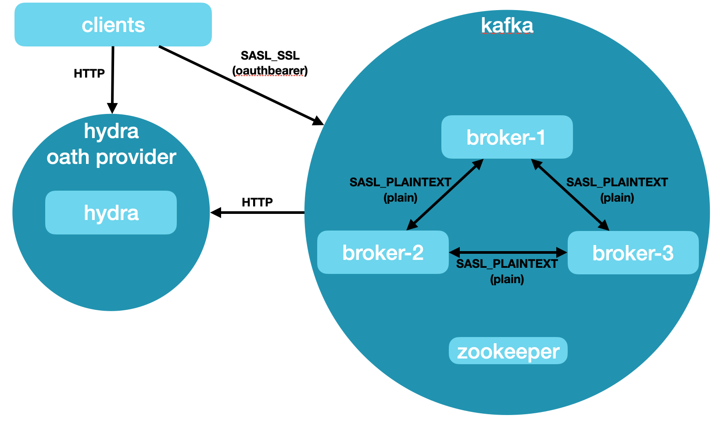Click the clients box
pyautogui.click(x=113, y=25)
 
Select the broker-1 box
pyautogui.click(x=507, y=137)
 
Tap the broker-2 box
pyautogui.click(x=383, y=252)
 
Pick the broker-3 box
pyautogui.click(x=633, y=253)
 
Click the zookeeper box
pyautogui.click(x=508, y=351)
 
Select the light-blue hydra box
pyautogui.click(x=111, y=213)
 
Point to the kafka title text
pyautogui.click(x=507, y=25)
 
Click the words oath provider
pyautogui.click(x=111, y=157)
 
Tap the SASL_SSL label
pyautogui.click(x=270, y=56)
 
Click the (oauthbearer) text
pyautogui.click(x=270, y=71)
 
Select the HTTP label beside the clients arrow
pyautogui.click(x=89, y=74)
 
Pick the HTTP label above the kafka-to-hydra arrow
pyautogui.click(x=257, y=202)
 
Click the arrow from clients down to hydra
pyautogui.click(x=113, y=79)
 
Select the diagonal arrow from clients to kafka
pyautogui.click(x=239, y=84)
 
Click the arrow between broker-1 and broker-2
pyautogui.click(x=445, y=195)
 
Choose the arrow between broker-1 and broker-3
pyautogui.click(x=570, y=195)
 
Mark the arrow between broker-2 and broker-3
pyautogui.click(x=508, y=252)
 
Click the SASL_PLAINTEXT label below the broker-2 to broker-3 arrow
pyautogui.click(x=507, y=264)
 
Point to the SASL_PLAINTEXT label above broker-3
pyautogui.click(x=617, y=182)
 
